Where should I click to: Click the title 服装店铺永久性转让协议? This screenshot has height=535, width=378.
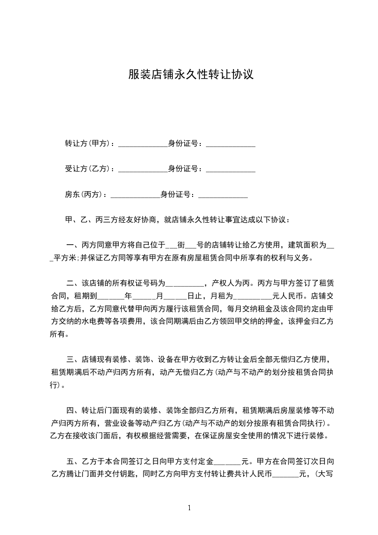(190, 75)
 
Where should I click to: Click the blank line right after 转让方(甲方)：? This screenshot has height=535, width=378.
(143, 144)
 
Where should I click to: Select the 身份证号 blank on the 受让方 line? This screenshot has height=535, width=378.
(230, 170)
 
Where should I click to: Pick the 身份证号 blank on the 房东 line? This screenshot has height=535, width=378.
(223, 195)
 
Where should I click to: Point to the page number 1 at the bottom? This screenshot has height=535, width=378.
(189, 508)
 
